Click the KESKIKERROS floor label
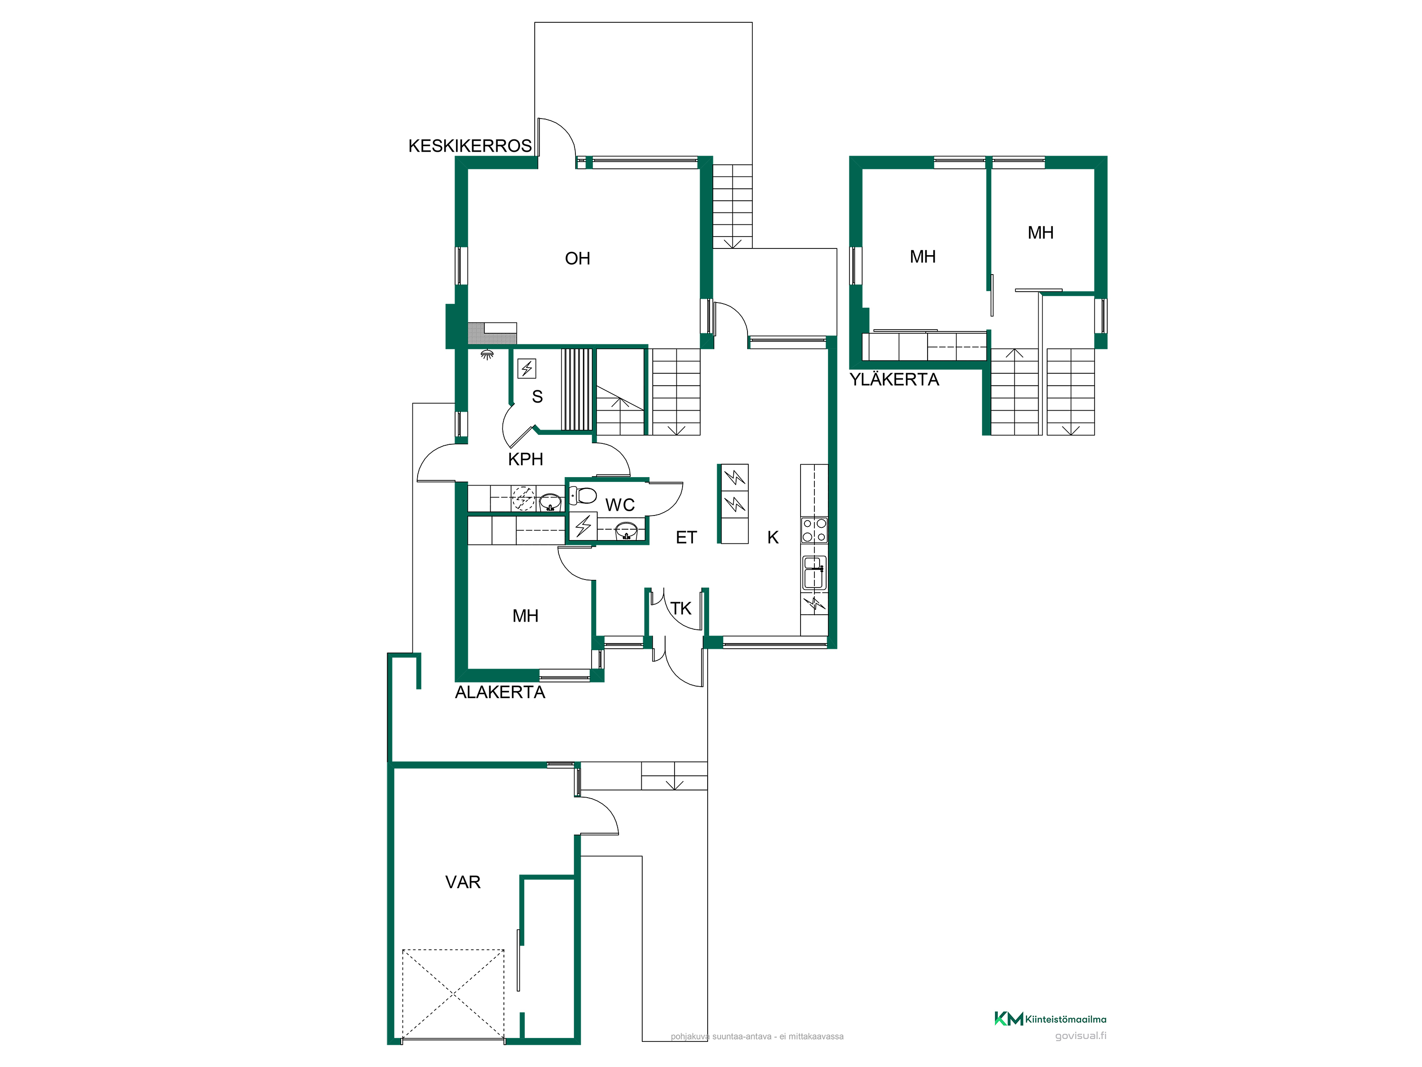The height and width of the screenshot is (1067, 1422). point(470,146)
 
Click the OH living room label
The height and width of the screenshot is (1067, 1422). point(577,258)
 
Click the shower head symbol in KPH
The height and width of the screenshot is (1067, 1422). point(487,354)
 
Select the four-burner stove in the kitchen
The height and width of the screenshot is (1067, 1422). point(814,531)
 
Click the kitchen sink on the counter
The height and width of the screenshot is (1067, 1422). point(814,572)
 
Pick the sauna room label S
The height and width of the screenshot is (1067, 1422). point(538,397)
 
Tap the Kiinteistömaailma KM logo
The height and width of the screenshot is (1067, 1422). point(1009,1019)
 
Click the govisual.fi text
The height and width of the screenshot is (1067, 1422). point(1081,1036)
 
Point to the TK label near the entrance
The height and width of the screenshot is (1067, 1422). point(681,608)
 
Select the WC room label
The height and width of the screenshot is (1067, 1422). point(620,505)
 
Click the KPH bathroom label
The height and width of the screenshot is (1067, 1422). point(525,459)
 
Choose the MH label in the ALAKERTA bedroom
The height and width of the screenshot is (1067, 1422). point(525,616)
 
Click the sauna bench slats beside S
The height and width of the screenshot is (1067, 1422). point(577,389)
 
